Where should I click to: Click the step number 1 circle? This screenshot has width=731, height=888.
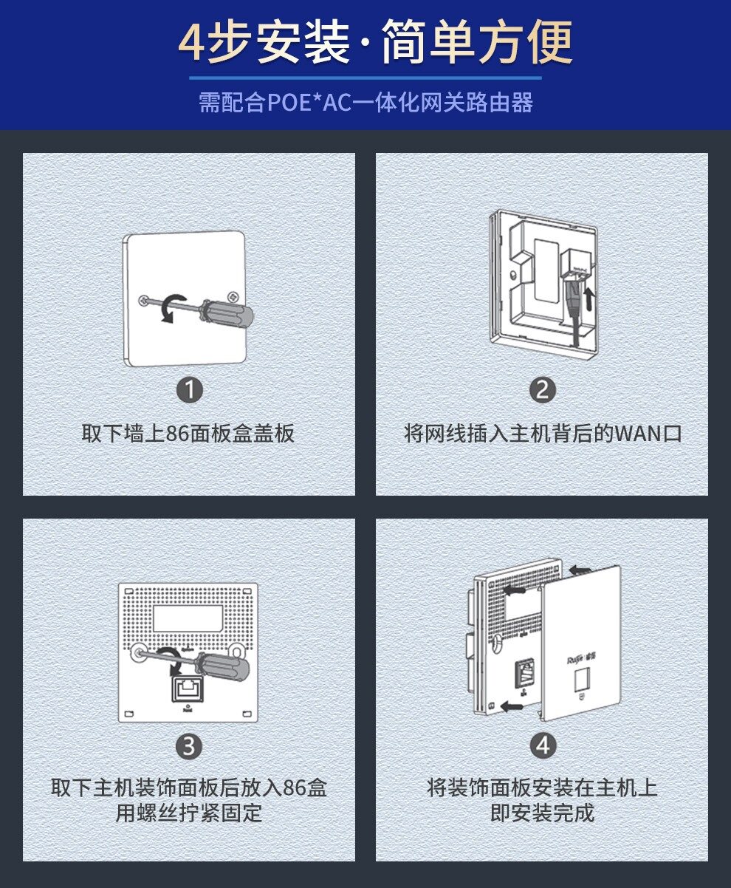[x=190, y=390]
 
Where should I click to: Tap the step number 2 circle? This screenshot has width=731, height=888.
[x=543, y=390]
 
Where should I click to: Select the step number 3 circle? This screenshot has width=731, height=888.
[x=189, y=746]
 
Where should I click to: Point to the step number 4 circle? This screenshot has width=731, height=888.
[x=543, y=746]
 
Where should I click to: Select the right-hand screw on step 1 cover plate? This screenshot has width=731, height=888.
[x=233, y=296]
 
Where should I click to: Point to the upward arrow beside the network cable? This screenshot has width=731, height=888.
[x=588, y=298]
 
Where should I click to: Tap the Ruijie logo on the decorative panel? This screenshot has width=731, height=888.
[x=581, y=660]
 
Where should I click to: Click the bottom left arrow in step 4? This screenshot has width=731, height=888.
[x=512, y=707]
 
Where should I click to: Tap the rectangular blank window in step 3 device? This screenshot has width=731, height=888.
[x=188, y=618]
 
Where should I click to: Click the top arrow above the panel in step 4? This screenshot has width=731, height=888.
[x=580, y=570]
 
